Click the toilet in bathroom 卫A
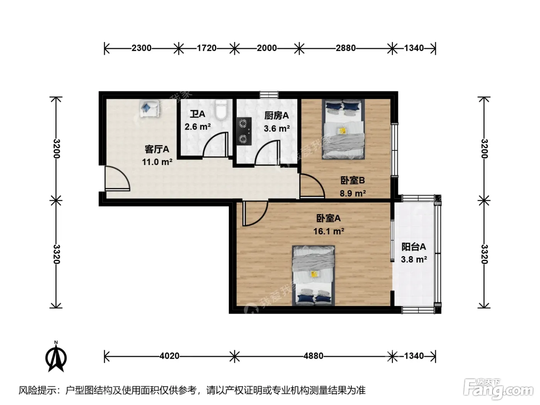[x=221, y=110]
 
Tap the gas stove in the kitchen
[x=244, y=131]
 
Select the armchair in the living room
[x=150, y=108]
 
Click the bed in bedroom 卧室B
[x=343, y=129]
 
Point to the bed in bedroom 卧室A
[x=314, y=276]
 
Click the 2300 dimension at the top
[x=141, y=48]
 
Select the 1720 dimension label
[x=206, y=48]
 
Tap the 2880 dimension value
[x=346, y=48]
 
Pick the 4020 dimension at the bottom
[x=169, y=356]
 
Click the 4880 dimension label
[x=313, y=356]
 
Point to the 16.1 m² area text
[x=328, y=231]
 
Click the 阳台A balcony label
[x=413, y=246]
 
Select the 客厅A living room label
[x=157, y=149]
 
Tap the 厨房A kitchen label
[x=277, y=115]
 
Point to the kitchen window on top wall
[x=269, y=94]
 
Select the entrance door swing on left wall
[x=117, y=179]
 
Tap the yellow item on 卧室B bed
[x=342, y=131]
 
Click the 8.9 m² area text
[x=353, y=193]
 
